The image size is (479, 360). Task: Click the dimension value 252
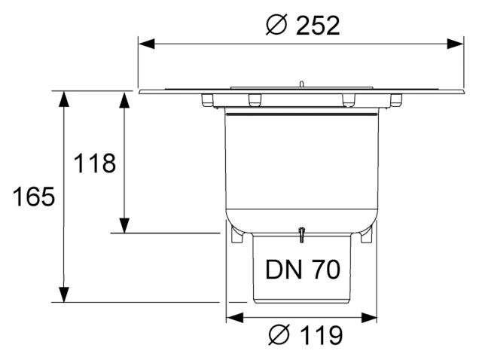(x=318, y=26)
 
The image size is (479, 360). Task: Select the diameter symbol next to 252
(x=276, y=26)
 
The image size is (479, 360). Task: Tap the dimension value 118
(x=95, y=163)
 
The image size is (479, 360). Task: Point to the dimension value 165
(x=34, y=197)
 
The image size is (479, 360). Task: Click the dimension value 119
(x=322, y=335)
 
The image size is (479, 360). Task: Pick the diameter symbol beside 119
(x=279, y=335)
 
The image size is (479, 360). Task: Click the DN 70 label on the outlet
(x=303, y=269)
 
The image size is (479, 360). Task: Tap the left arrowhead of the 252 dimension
(x=146, y=44)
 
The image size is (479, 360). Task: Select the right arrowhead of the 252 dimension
(x=456, y=44)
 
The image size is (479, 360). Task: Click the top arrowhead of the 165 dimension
(x=63, y=99)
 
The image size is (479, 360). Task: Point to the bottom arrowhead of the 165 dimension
(x=63, y=294)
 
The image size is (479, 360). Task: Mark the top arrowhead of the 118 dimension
(x=124, y=99)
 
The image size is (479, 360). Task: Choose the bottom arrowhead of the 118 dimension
(x=124, y=225)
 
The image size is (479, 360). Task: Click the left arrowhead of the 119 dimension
(x=235, y=318)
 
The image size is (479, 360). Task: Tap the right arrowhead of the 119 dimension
(x=369, y=318)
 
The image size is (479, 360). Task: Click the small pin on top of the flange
(x=301, y=84)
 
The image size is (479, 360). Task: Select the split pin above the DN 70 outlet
(x=301, y=235)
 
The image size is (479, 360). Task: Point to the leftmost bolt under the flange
(x=207, y=100)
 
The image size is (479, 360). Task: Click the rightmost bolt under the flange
(x=396, y=100)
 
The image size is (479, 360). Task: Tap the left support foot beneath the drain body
(x=237, y=235)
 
